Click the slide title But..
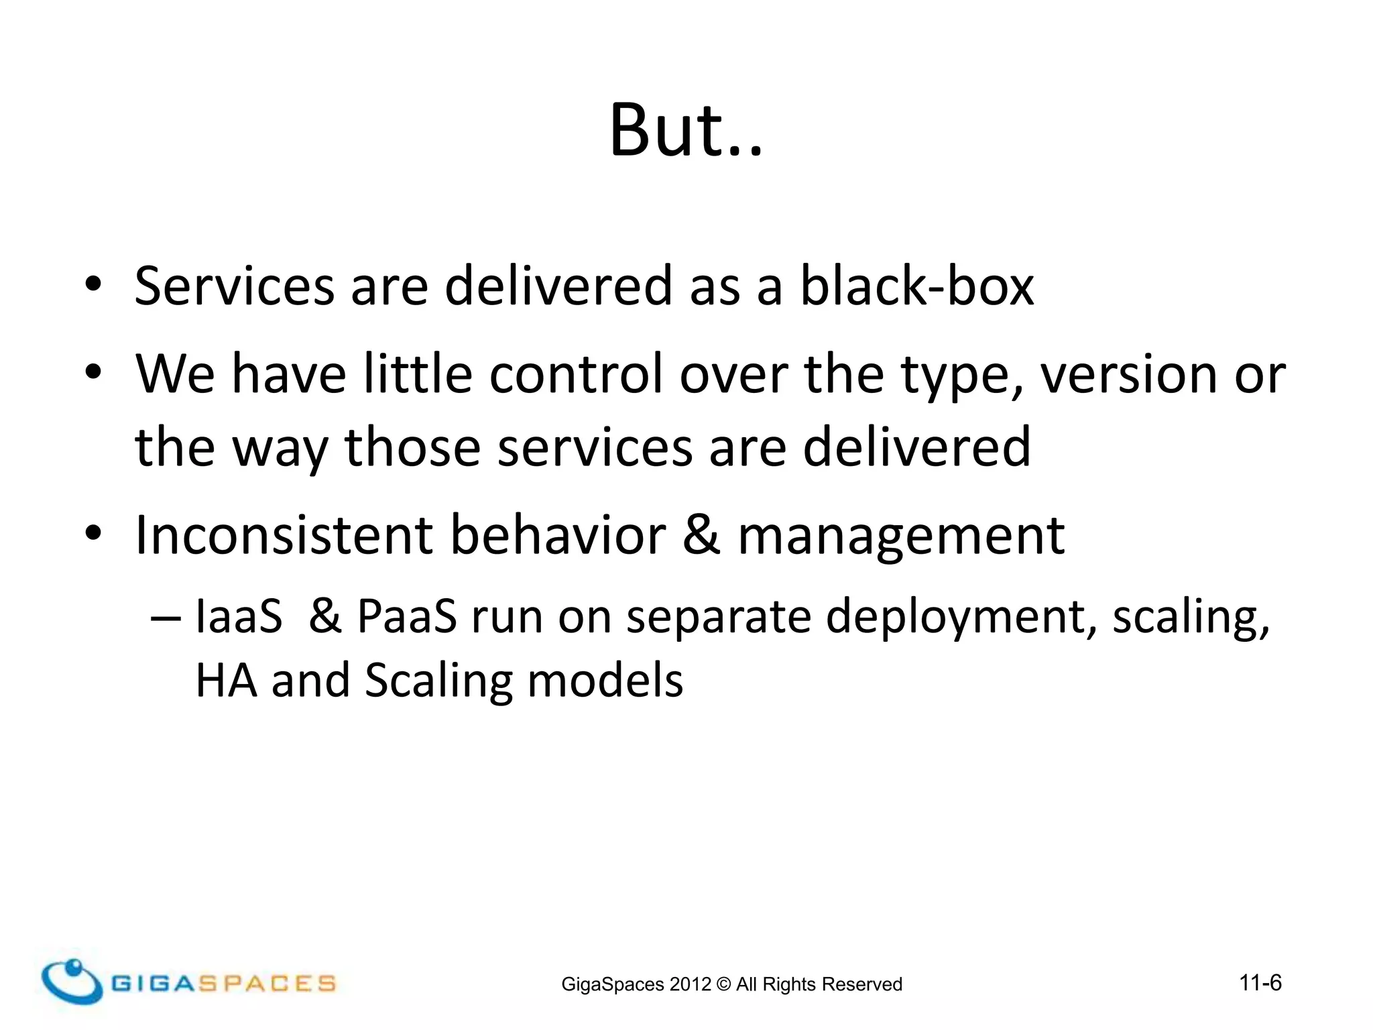(x=685, y=131)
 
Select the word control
(x=576, y=374)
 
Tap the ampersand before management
(x=701, y=535)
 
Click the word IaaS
(x=239, y=616)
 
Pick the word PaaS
(x=406, y=616)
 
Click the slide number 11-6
(x=1260, y=983)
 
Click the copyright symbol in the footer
(x=723, y=984)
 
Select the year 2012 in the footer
(x=690, y=984)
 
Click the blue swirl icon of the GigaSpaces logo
(x=72, y=981)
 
